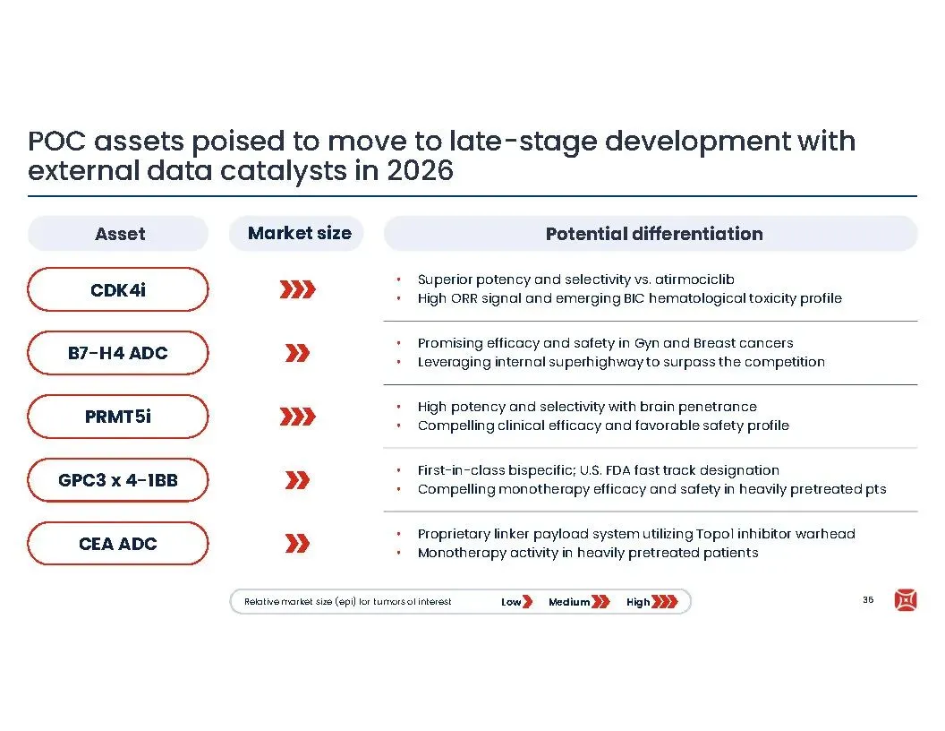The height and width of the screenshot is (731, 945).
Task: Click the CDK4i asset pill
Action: point(118,289)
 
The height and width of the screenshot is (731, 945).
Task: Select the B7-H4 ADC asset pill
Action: point(118,353)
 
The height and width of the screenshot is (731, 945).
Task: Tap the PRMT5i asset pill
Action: point(118,417)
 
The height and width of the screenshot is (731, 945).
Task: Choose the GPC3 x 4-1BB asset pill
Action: point(118,480)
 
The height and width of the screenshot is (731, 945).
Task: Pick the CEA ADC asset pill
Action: point(118,544)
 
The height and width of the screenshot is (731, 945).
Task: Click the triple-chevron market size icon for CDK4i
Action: point(298,289)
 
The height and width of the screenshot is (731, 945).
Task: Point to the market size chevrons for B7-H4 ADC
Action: point(298,353)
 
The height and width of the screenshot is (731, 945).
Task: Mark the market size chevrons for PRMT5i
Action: point(298,417)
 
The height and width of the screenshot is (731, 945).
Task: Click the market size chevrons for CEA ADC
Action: point(298,544)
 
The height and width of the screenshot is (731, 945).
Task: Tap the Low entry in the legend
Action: point(517,602)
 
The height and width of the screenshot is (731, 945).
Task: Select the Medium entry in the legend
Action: point(579,602)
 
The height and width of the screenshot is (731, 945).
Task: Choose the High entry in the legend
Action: point(652,602)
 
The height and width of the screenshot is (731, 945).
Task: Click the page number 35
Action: point(868,599)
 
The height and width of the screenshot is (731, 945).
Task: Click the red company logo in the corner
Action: point(906,600)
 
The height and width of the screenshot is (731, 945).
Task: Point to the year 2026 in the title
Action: point(420,171)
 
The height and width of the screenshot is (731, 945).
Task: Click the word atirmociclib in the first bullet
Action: point(694,279)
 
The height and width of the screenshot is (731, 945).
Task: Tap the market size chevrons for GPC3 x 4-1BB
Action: point(298,480)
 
